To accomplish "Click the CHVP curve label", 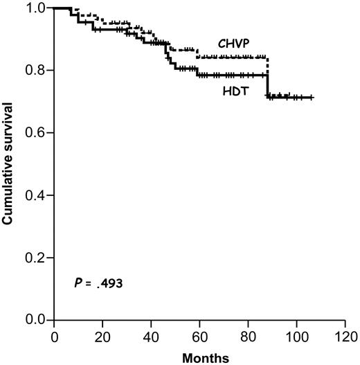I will click(x=233, y=43).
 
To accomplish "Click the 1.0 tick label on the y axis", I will click(x=37, y=8).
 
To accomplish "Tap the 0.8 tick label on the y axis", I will click(x=37, y=70).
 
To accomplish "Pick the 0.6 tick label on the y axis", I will click(x=37, y=132).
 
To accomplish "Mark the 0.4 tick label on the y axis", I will click(x=37, y=195).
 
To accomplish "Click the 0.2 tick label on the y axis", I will click(x=37, y=258).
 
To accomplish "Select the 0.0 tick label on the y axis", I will click(x=37, y=320).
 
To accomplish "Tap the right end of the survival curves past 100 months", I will click(x=312, y=98).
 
